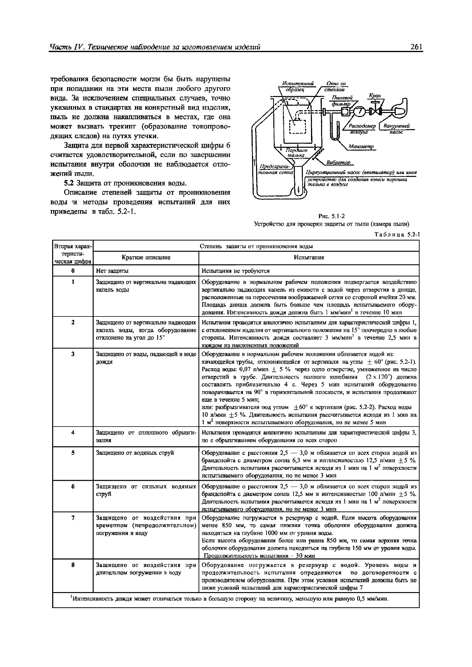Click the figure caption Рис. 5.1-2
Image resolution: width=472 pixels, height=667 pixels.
pos(332,216)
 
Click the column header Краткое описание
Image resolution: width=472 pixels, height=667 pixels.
pos(146,257)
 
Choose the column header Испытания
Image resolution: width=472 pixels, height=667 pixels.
pos(309,257)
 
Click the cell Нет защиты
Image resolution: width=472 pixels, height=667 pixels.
pos(112,271)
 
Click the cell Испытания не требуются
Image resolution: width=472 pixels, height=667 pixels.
pos(236,271)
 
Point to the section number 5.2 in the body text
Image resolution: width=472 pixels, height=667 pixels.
pos(68,183)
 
